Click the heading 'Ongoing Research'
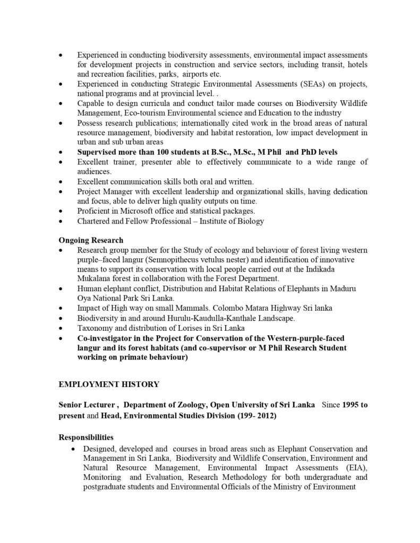91,240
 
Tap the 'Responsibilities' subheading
85,437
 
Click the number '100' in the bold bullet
162,152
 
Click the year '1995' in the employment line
348,405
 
